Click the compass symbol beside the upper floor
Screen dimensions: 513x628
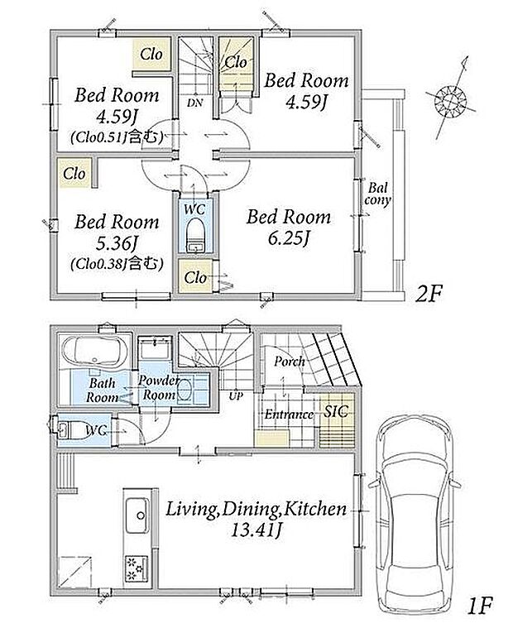coord(450,99)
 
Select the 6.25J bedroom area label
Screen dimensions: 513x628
coord(289,239)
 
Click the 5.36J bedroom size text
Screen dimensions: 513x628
coord(117,242)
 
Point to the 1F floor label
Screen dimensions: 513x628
coord(479,606)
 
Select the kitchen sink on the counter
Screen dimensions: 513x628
coord(137,515)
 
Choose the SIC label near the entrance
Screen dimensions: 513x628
coord(336,411)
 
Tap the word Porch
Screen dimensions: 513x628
coord(289,362)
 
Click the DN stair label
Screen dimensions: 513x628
coord(195,103)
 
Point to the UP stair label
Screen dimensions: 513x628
coord(236,396)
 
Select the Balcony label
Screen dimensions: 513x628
coord(377,194)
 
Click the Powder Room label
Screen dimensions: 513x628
coord(159,388)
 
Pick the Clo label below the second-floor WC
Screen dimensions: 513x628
coord(195,277)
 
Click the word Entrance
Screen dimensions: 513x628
coord(289,415)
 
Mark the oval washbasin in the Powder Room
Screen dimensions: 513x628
coord(185,390)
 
